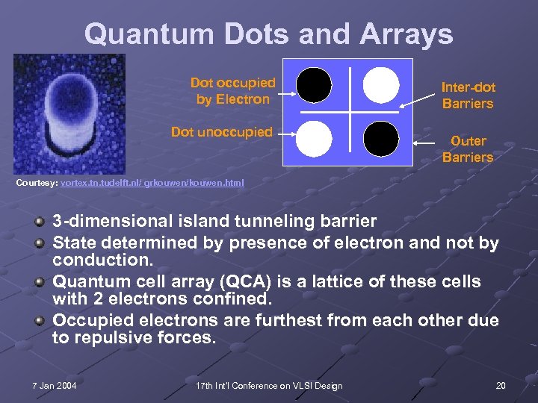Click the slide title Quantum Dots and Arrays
pos(268,34)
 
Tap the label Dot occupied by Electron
pos(232,91)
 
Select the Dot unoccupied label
pos(222,132)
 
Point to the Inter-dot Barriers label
pos(468,96)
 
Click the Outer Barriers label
pos(468,149)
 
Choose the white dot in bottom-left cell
pos(315,138)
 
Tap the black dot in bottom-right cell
pos(381,138)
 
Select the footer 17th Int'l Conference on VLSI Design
pos(268,385)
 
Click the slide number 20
pos(500,385)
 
